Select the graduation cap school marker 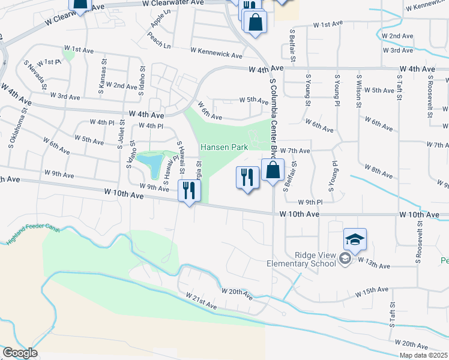(355, 240)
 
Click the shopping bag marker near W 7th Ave (273, 170)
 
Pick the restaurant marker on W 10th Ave (189, 191)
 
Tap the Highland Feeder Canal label (26, 235)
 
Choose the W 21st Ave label (202, 301)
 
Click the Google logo (19, 352)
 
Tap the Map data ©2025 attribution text (423, 355)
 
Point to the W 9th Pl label (310, 202)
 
